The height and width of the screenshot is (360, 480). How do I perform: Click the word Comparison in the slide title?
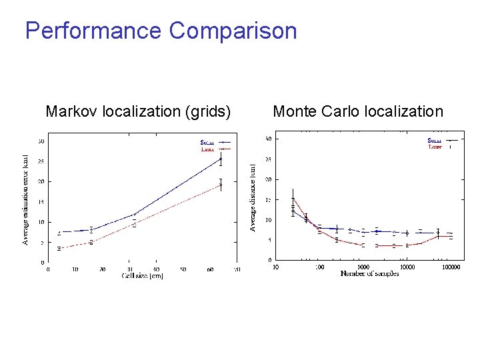[x=233, y=31]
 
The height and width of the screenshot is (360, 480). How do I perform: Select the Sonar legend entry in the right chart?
[x=435, y=140]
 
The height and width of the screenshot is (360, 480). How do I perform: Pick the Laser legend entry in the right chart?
[x=435, y=147]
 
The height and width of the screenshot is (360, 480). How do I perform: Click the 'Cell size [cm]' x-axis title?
[x=142, y=275]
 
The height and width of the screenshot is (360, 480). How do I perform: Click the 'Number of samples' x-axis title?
[x=369, y=273]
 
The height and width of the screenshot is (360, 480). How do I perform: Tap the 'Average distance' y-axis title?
[x=253, y=197]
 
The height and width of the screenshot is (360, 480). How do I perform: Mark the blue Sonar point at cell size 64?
[x=221, y=159]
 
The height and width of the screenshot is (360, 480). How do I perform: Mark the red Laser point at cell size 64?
[x=221, y=184]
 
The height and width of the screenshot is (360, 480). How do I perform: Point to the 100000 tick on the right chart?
[x=451, y=267]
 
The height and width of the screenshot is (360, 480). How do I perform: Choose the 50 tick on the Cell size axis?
[x=183, y=269]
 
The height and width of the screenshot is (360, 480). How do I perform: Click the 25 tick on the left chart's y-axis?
[x=41, y=161]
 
